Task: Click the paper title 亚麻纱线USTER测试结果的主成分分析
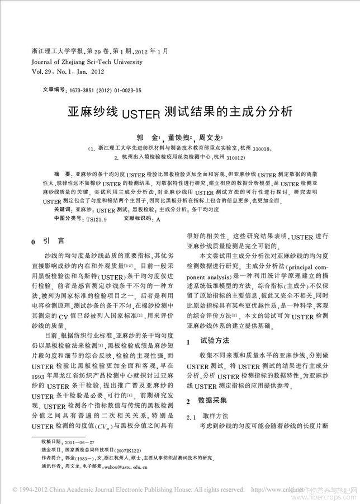179,112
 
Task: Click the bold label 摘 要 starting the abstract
62,175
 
